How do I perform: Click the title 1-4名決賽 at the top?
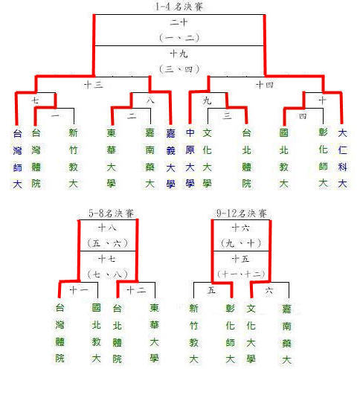179,7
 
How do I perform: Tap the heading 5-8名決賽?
111,213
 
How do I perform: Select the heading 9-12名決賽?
241,213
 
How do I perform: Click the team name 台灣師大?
17,158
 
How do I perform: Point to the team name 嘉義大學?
170,158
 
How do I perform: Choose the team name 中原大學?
190,158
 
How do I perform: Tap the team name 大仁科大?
342,158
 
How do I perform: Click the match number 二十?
179,22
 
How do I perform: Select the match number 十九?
179,54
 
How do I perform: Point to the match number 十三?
94,84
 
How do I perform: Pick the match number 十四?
265,84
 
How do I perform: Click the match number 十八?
108,228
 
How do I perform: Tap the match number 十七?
108,258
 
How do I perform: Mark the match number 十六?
240,228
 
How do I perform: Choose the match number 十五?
240,258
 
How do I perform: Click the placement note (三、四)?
179,68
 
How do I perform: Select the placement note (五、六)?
108,243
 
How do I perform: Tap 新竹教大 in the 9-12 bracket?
193,334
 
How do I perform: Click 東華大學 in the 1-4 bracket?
111,158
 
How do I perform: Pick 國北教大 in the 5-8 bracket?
96,333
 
